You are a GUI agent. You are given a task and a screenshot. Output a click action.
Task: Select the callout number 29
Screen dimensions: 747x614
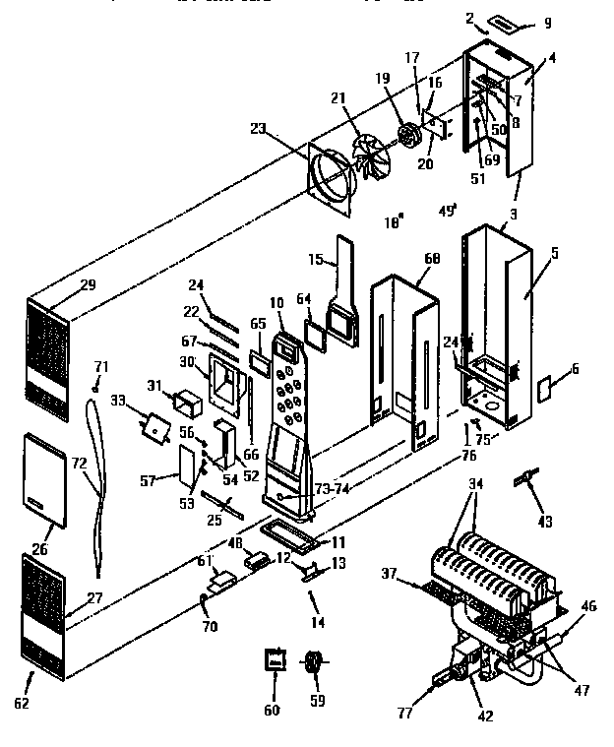[x=88, y=284]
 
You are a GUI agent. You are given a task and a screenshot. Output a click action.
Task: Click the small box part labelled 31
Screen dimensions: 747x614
[x=187, y=402]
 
